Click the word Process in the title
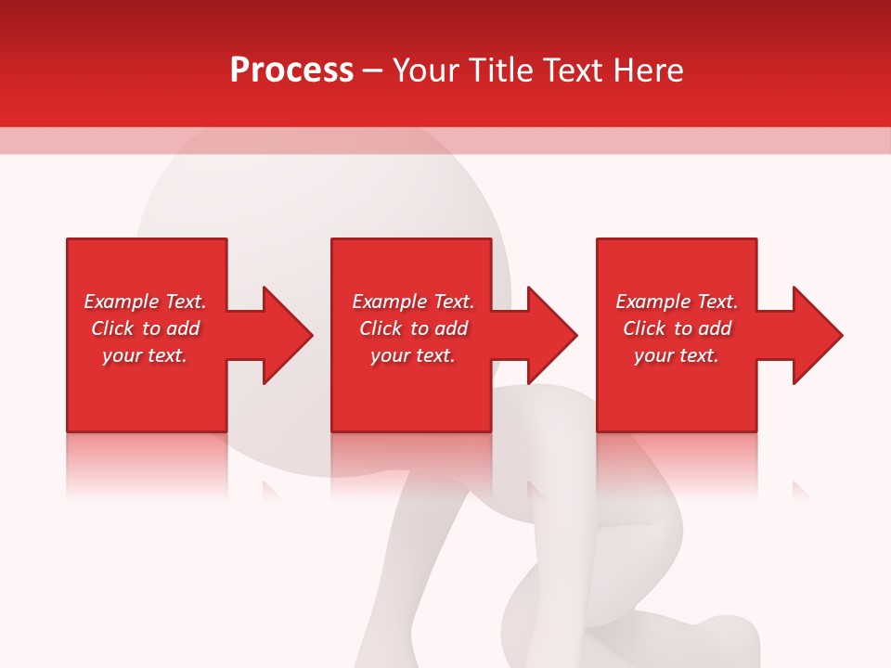291,71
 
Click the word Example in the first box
122,302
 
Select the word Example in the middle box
390,302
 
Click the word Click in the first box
112,328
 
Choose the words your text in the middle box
412,355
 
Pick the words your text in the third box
676,355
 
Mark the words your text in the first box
144,355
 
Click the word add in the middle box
451,328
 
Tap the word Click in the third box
644,328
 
